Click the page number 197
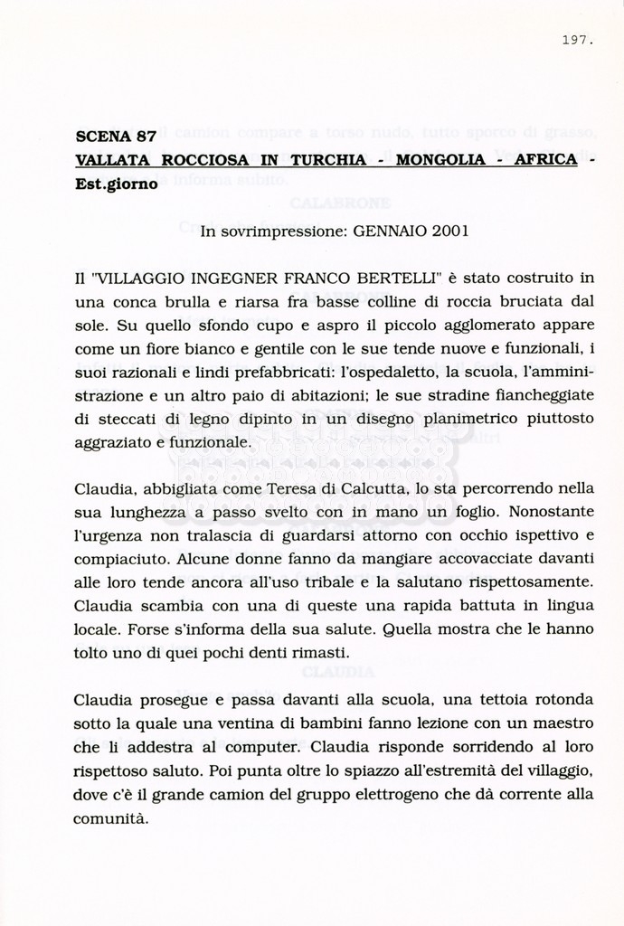[577, 40]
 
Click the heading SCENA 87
[116, 137]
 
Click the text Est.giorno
[117, 184]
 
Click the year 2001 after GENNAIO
[450, 231]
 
